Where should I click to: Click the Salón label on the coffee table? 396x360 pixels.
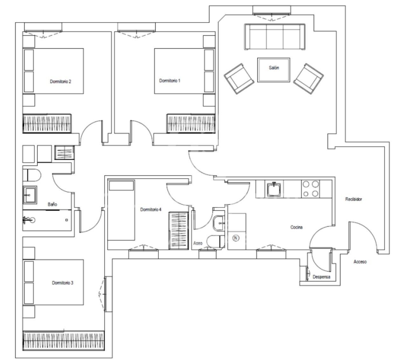click(x=274, y=68)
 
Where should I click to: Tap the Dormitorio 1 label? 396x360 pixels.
click(x=170, y=81)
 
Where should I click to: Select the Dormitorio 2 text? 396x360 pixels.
click(x=60, y=81)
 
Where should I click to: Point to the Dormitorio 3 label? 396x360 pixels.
click(x=63, y=283)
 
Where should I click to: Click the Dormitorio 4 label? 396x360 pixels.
click(x=151, y=209)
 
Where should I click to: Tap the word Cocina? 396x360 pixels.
click(x=296, y=227)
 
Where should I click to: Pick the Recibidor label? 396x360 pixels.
click(x=354, y=199)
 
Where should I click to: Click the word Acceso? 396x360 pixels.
click(x=360, y=262)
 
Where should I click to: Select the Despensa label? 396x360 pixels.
click(x=321, y=277)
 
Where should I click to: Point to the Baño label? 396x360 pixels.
click(x=52, y=204)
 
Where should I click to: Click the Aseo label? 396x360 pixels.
click(x=198, y=243)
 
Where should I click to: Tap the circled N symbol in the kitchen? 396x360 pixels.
click(x=235, y=238)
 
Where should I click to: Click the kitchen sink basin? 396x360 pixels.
click(x=274, y=190)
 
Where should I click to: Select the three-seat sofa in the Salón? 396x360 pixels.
click(x=274, y=37)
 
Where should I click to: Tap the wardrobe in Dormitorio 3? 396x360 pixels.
click(x=64, y=341)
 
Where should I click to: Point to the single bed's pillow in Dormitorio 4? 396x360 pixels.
click(x=122, y=186)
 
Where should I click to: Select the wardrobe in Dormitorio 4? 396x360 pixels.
click(x=178, y=230)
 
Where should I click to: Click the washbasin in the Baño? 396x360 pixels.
click(x=30, y=195)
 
